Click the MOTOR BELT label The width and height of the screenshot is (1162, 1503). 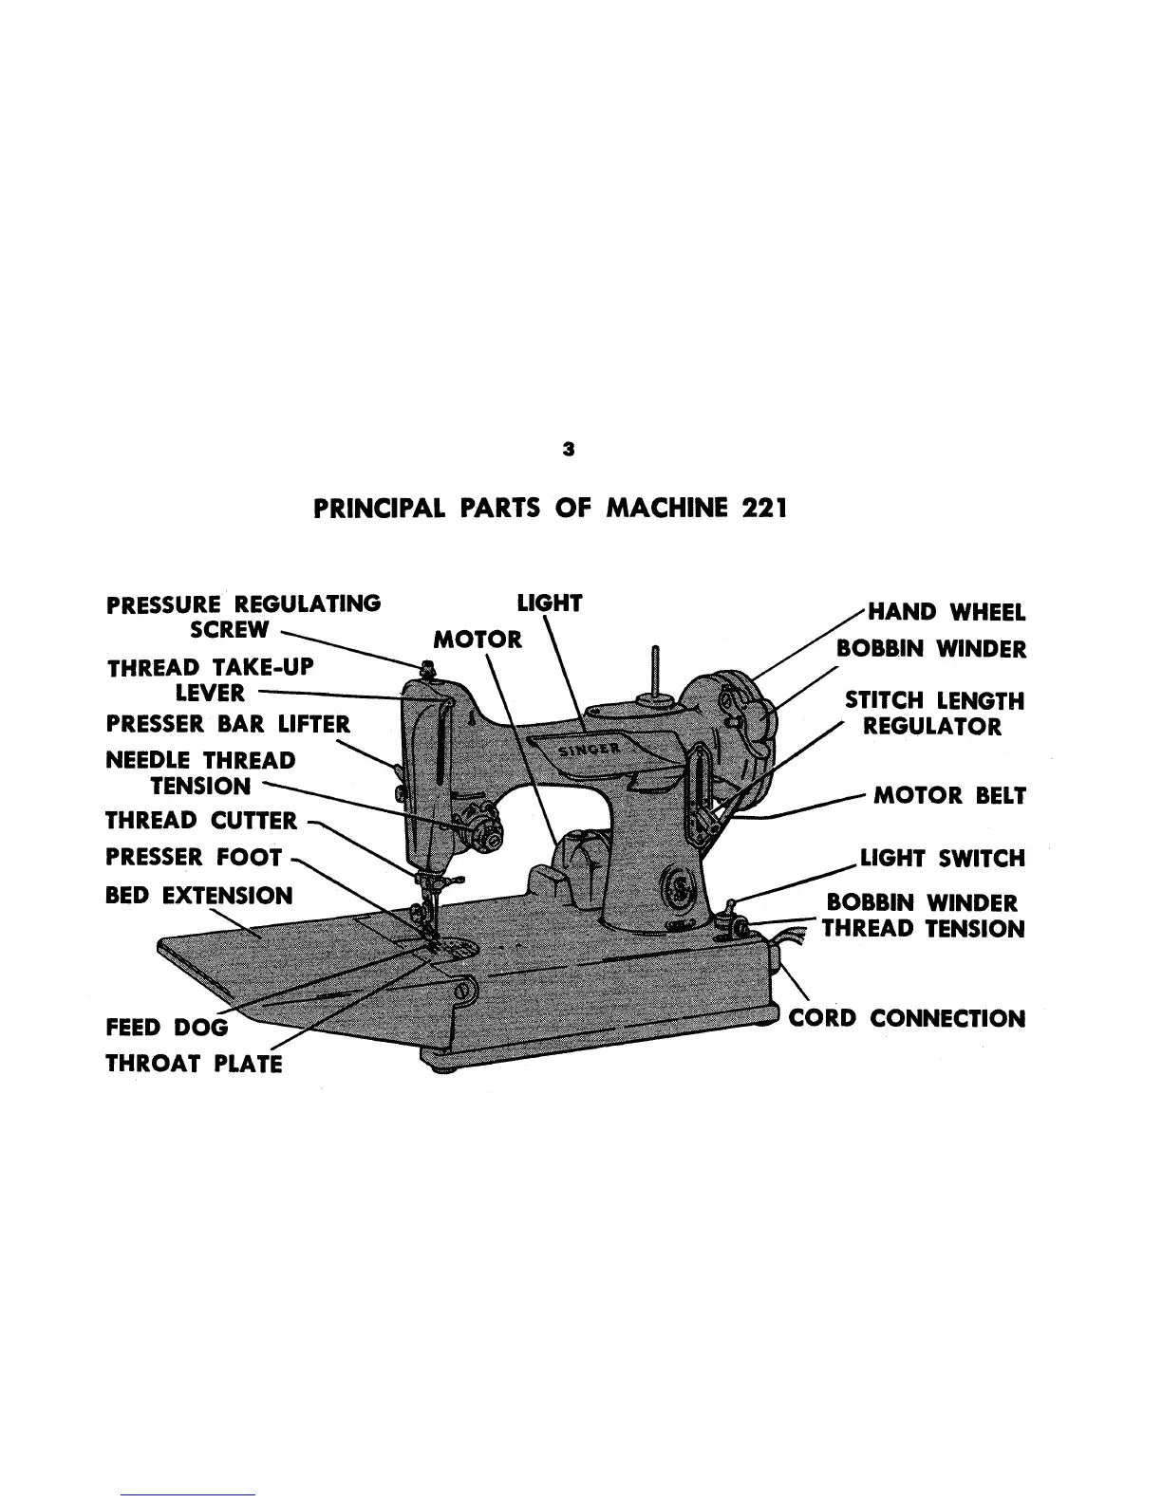[949, 795]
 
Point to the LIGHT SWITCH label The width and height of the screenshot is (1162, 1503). [943, 859]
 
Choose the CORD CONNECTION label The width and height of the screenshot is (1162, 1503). [908, 1019]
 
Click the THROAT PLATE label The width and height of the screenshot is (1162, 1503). [195, 1063]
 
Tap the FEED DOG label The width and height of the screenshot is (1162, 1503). [167, 1028]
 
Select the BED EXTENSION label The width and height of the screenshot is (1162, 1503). [199, 896]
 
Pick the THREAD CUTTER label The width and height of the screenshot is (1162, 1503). [201, 820]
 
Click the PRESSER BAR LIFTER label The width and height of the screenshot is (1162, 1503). [228, 726]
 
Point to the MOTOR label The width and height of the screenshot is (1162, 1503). [478, 639]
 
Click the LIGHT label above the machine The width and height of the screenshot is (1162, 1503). [549, 603]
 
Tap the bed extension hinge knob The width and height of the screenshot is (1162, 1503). [463, 990]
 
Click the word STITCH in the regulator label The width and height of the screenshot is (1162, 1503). [885, 701]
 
